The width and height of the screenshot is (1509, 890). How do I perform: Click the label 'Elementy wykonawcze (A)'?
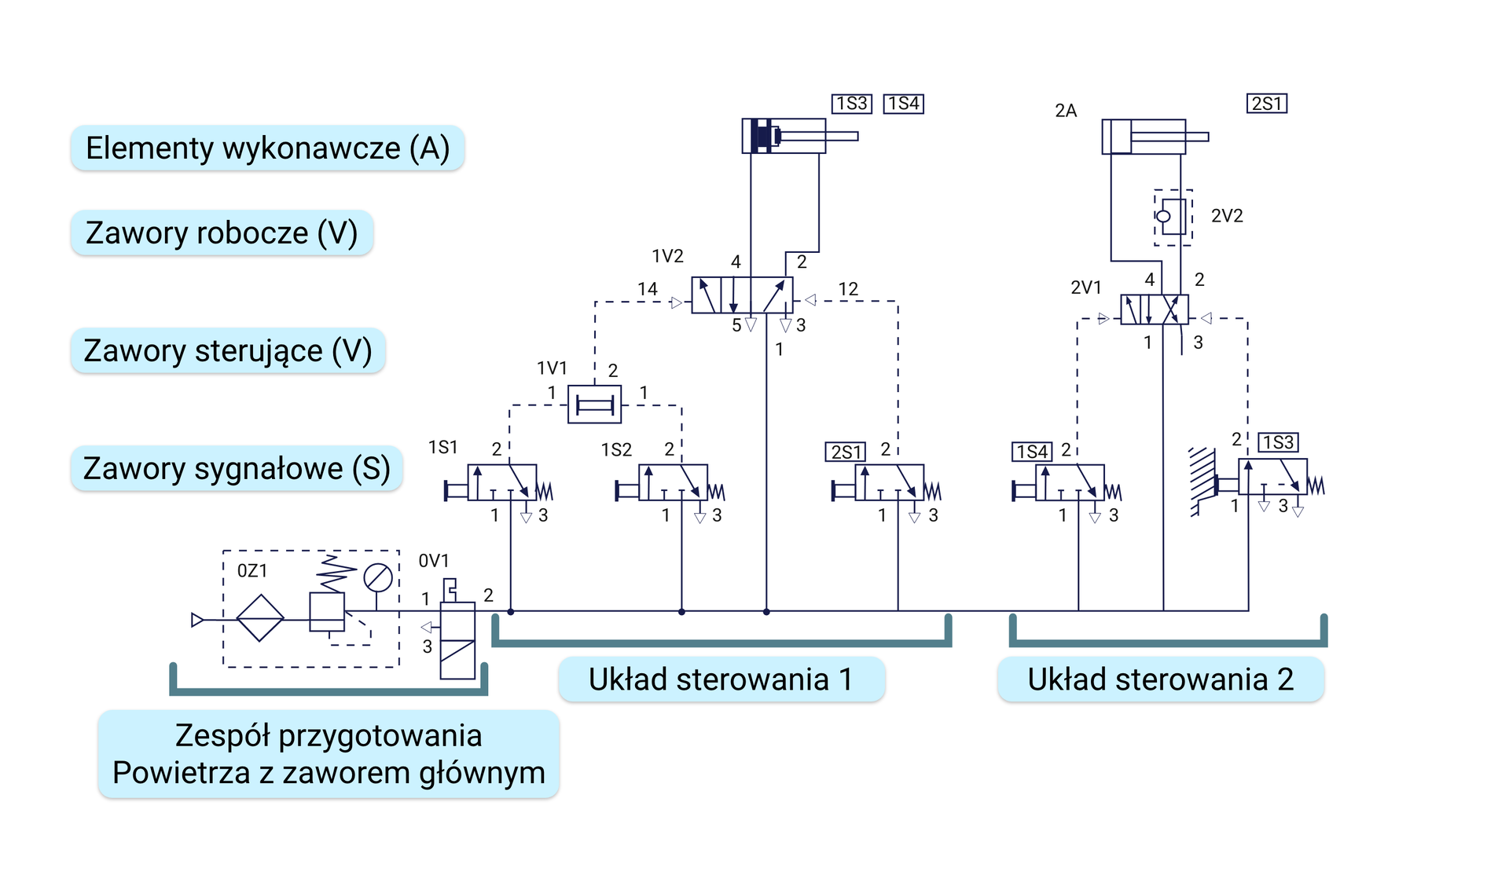click(x=267, y=148)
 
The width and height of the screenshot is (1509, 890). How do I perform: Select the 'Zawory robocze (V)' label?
click(x=222, y=233)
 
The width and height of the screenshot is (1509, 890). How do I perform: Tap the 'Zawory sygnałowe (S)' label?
click(x=237, y=468)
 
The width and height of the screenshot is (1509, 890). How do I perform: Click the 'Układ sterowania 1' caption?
click(x=721, y=679)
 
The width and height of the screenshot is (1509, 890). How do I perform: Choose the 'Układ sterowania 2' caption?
click(x=1160, y=679)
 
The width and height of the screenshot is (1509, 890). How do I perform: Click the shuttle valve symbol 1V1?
click(x=594, y=405)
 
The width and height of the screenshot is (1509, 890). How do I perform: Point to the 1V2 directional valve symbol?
click(x=741, y=295)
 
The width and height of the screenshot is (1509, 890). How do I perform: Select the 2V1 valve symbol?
click(x=1154, y=309)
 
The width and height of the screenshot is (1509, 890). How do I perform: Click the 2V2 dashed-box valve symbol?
click(x=1173, y=217)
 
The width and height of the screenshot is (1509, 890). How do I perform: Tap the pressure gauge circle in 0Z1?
click(x=377, y=578)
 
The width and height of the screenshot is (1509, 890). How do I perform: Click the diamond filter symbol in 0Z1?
click(x=260, y=618)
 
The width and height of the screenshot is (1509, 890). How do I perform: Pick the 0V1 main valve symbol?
click(x=457, y=639)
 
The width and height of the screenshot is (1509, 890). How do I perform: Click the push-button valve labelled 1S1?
click(x=501, y=482)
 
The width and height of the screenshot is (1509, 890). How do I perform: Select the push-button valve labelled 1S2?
click(x=673, y=482)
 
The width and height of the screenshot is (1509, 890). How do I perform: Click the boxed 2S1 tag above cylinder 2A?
click(x=1266, y=104)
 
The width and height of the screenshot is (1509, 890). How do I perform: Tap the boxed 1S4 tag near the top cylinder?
click(x=903, y=104)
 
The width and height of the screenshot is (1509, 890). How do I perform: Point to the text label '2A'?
click(x=1065, y=111)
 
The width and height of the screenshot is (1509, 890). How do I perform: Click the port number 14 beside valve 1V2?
click(x=647, y=289)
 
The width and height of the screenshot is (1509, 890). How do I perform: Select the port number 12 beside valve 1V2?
click(x=847, y=289)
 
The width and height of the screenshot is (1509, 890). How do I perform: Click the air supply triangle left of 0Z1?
click(x=197, y=620)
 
